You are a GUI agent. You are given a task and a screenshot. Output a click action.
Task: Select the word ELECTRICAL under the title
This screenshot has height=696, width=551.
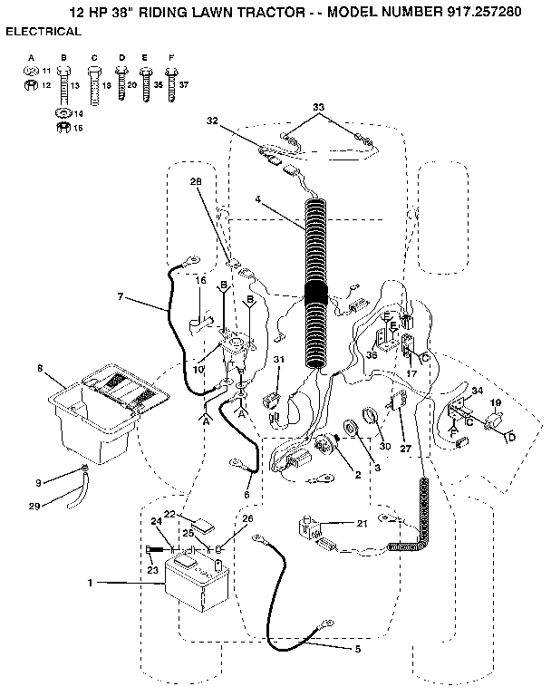[x=43, y=32]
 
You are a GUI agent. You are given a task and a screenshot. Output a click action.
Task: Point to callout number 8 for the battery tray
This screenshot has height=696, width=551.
[x=39, y=368]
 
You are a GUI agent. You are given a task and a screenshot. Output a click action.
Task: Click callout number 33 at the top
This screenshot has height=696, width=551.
[x=318, y=108]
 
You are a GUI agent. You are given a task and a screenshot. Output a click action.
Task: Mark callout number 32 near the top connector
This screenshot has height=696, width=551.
[x=212, y=120]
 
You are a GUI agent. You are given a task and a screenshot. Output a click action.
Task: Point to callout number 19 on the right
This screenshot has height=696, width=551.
[x=496, y=401]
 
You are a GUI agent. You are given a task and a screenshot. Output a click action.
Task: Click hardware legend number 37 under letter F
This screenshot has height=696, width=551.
[x=184, y=84]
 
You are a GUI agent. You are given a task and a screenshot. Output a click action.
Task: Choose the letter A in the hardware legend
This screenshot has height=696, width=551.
[x=30, y=58]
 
